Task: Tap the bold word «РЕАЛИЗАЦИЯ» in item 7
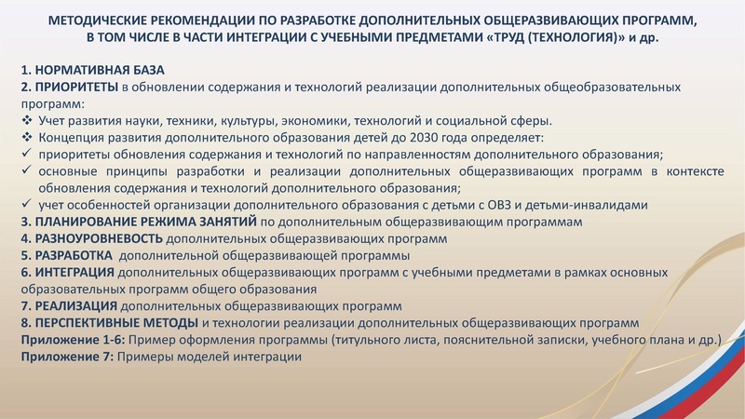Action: click(75, 305)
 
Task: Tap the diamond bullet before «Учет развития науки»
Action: click(27, 121)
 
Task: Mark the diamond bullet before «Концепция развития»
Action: click(27, 138)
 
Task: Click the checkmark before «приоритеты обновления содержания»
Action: click(27, 155)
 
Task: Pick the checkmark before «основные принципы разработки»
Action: click(27, 171)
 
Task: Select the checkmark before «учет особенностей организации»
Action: click(27, 205)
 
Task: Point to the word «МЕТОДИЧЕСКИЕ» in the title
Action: click(98, 20)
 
